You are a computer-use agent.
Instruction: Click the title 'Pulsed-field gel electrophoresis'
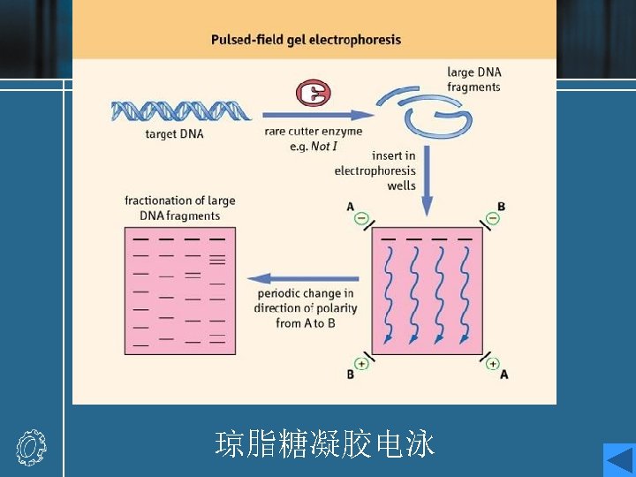click(306, 40)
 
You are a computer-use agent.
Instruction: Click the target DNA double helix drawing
click(181, 110)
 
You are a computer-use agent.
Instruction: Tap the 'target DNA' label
click(174, 134)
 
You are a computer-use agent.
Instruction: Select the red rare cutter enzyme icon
click(312, 93)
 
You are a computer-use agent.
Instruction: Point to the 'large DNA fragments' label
click(473, 79)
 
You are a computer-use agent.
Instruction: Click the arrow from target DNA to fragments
click(318, 114)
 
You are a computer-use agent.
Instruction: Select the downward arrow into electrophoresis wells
click(428, 181)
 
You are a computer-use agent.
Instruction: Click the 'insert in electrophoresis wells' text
click(375, 170)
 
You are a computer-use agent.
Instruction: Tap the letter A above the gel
click(351, 207)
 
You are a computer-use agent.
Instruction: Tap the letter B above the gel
click(501, 207)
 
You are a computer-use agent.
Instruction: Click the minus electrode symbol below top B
click(494, 218)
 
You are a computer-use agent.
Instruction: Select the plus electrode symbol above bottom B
click(361, 362)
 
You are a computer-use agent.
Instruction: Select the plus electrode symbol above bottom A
click(492, 362)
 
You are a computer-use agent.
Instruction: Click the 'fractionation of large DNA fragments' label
click(180, 208)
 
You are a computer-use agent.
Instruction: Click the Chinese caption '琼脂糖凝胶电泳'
click(325, 444)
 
